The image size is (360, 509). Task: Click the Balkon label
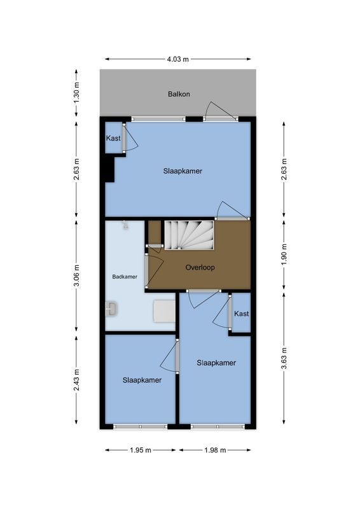coord(179,94)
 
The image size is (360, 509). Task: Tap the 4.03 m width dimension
coord(178,59)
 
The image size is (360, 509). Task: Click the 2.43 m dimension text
coord(76,380)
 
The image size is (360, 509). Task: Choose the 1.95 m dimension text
coord(140,450)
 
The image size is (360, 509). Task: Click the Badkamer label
coord(125,277)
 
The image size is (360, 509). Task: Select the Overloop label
coord(200,267)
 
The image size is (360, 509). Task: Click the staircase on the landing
coord(190,235)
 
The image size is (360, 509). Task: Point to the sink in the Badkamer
coord(112,309)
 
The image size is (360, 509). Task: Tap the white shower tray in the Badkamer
coord(164,311)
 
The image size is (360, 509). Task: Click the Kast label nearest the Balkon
coord(113,138)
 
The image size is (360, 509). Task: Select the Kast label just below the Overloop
coord(241,314)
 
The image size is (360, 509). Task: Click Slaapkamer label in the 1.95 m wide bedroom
coord(142,380)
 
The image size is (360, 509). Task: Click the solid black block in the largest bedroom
coord(108,169)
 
